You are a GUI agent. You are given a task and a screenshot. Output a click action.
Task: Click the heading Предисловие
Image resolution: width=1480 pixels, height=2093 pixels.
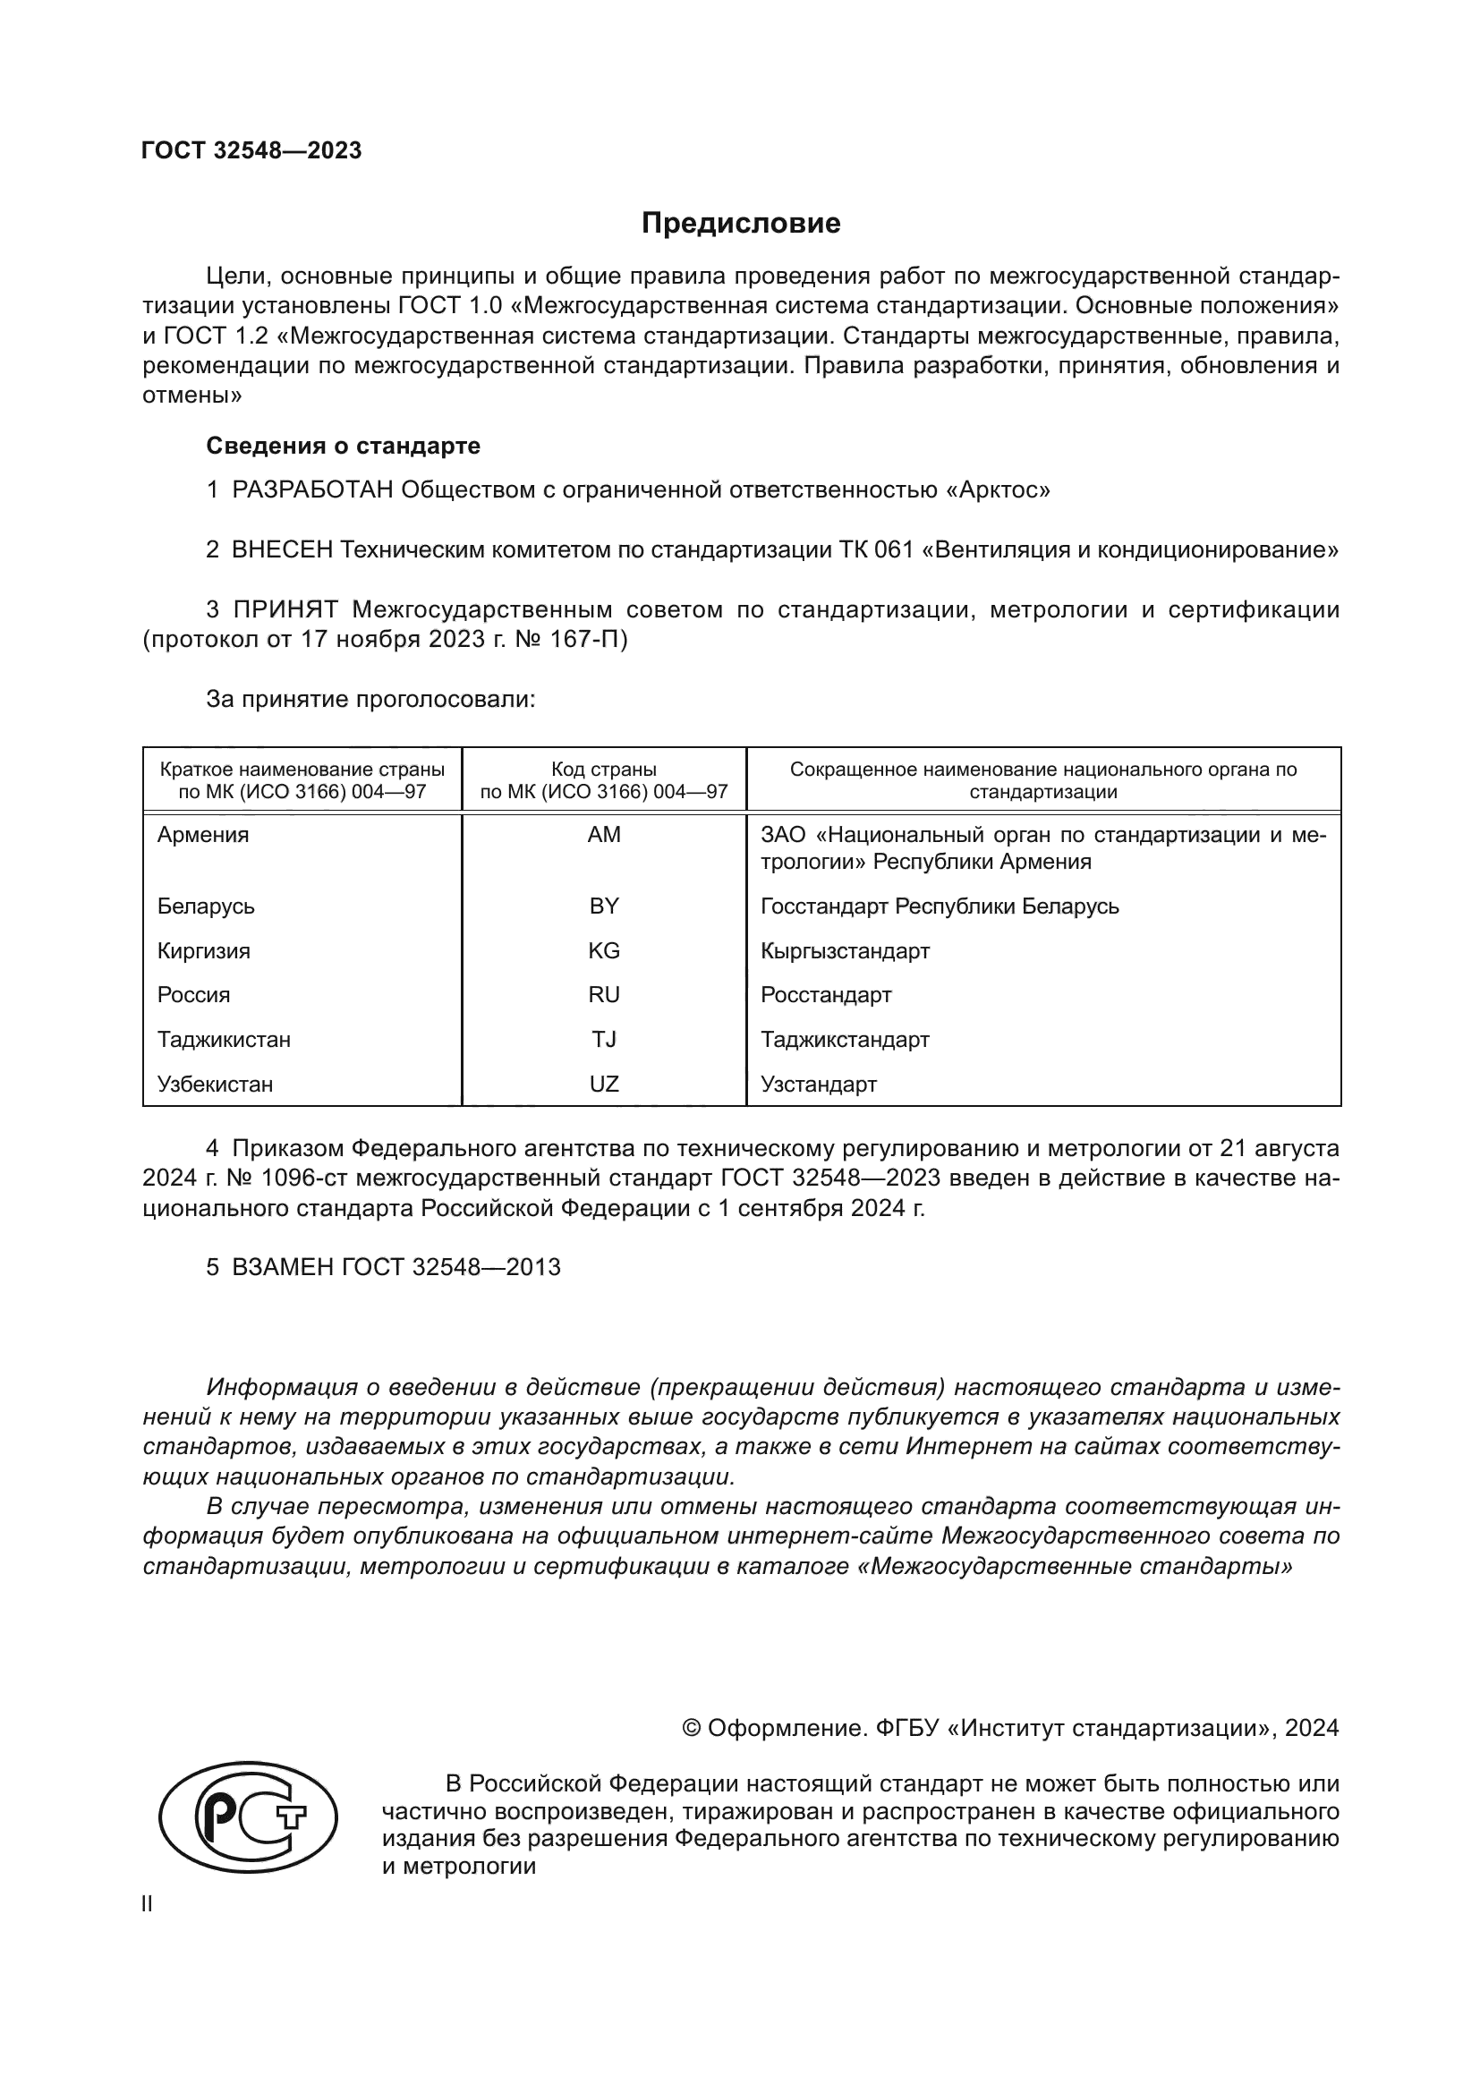(x=740, y=224)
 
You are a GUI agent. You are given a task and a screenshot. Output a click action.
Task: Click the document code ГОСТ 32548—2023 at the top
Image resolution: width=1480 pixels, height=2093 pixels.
(x=251, y=150)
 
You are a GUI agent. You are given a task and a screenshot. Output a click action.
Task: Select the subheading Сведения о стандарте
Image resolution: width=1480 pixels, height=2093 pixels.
(x=343, y=446)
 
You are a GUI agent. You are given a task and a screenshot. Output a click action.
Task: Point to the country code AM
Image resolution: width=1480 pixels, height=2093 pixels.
(x=603, y=835)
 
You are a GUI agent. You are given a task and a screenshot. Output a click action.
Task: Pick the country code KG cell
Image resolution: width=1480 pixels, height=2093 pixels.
(x=603, y=951)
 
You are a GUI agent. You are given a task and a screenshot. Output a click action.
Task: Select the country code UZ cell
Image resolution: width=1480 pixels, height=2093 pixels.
(x=603, y=1084)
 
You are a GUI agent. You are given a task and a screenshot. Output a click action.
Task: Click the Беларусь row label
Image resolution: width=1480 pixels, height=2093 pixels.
(x=206, y=906)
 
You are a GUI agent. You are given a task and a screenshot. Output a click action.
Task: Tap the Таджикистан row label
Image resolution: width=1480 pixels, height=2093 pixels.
(x=224, y=1039)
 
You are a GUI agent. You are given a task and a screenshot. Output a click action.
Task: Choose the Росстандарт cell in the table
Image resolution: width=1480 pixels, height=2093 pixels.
(x=826, y=994)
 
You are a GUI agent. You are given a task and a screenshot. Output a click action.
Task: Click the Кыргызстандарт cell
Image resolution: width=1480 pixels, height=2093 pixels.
(x=845, y=951)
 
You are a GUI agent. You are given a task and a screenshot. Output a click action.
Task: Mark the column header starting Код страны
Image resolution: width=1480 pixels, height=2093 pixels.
(x=603, y=780)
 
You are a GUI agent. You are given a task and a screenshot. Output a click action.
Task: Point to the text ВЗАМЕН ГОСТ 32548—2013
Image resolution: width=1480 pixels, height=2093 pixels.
(x=396, y=1267)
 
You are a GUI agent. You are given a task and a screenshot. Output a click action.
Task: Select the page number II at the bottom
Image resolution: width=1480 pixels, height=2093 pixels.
(x=148, y=1904)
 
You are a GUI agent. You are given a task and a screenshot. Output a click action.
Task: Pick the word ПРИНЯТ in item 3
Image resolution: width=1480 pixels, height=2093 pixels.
(x=285, y=609)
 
